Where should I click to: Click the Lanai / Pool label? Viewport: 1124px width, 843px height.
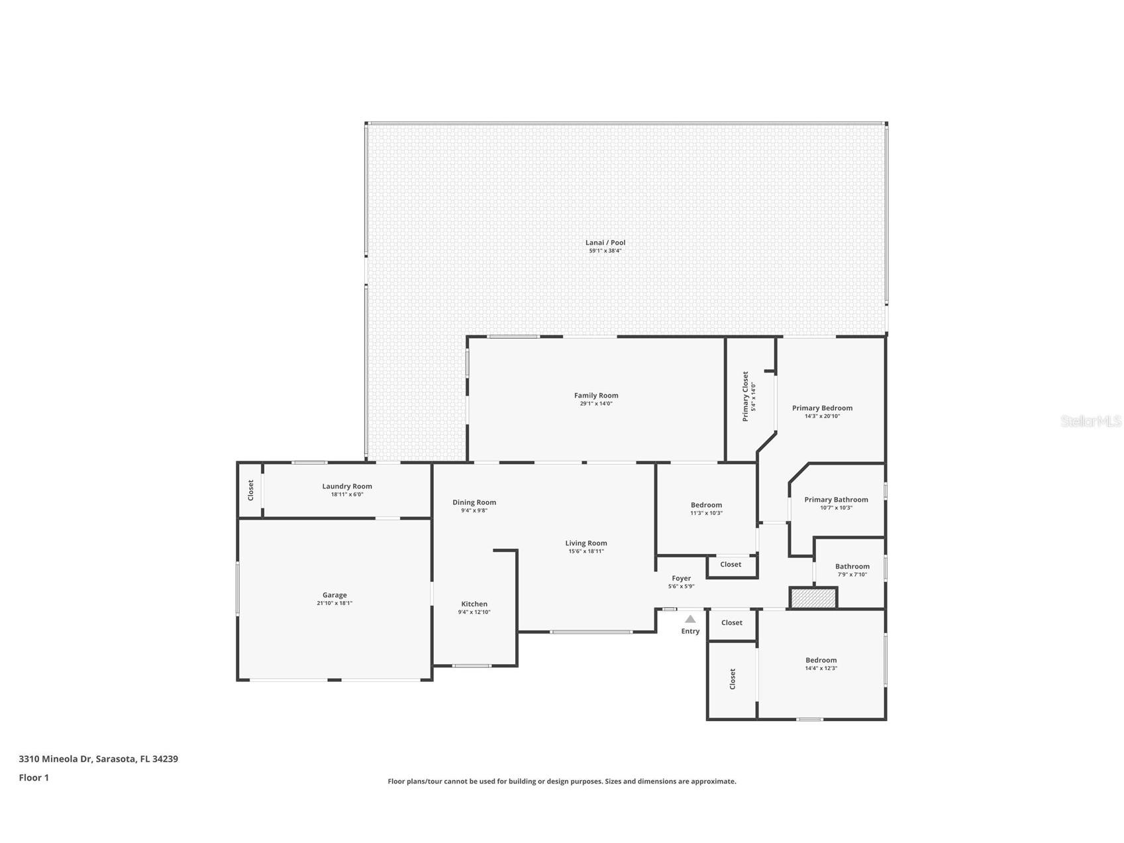click(x=605, y=243)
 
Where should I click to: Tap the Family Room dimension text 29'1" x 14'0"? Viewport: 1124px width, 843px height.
click(x=596, y=404)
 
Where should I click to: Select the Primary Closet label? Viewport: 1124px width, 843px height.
click(x=745, y=396)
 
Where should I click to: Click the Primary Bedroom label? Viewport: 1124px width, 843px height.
click(x=822, y=408)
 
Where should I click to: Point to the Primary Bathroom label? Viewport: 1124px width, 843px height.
click(x=836, y=500)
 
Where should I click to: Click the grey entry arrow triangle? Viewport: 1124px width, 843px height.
click(x=690, y=619)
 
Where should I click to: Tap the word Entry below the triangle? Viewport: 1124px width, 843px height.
click(x=690, y=632)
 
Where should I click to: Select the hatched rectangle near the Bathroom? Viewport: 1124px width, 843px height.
click(x=813, y=598)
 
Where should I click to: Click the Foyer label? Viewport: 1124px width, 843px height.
click(x=681, y=579)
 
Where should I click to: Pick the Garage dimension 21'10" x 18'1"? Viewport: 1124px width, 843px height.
click(x=334, y=604)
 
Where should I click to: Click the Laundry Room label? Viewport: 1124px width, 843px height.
click(x=347, y=486)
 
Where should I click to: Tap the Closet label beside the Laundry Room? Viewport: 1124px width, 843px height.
click(x=250, y=490)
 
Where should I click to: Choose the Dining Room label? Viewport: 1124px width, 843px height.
click(x=474, y=502)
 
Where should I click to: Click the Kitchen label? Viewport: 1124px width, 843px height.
click(x=474, y=604)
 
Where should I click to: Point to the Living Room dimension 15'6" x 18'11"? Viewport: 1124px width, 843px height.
click(x=586, y=551)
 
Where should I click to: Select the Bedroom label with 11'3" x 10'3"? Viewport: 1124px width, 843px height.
click(x=706, y=505)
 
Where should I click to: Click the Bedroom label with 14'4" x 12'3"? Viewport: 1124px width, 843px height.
click(x=821, y=660)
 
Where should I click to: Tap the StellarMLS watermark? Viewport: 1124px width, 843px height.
click(x=1090, y=421)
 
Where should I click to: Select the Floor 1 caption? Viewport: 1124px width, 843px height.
click(x=34, y=778)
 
